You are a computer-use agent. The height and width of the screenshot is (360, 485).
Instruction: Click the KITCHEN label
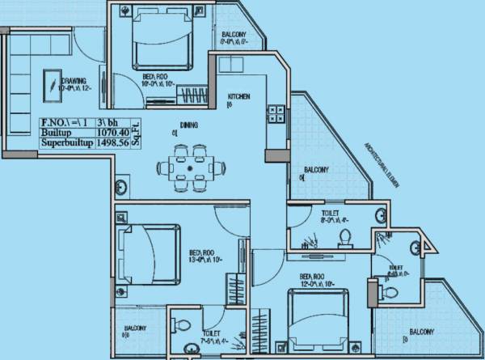click(x=238, y=96)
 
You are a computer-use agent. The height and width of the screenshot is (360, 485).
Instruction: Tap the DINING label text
click(x=189, y=125)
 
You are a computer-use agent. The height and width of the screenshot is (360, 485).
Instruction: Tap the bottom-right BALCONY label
click(x=420, y=332)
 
